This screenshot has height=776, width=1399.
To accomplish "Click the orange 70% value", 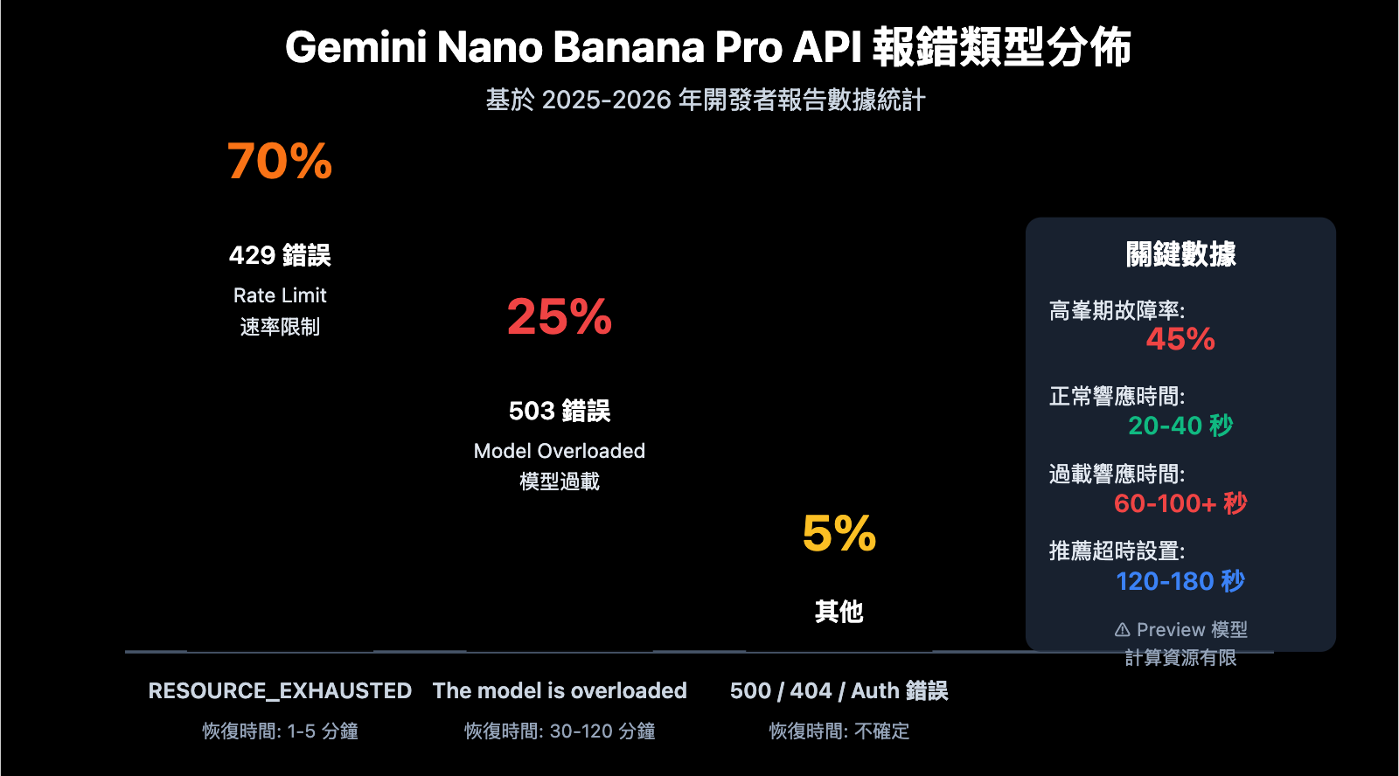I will point(280,162).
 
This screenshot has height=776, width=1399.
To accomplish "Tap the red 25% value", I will point(560,317).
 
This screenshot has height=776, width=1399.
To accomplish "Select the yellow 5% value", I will point(839,534).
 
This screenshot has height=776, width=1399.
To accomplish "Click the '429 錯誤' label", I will point(280,255).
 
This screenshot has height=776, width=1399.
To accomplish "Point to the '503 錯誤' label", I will point(560,411).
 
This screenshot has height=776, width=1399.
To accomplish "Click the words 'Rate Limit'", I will point(280,295).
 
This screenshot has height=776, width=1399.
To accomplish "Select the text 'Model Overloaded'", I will point(560,451).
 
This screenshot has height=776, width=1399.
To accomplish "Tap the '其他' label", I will point(839,612).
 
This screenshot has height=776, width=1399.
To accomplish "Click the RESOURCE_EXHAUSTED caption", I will point(280,690).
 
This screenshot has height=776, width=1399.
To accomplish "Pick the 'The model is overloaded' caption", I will point(560,690).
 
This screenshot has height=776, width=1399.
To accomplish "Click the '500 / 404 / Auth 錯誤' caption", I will point(839,690).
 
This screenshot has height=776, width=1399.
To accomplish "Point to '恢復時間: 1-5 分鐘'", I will point(280,731).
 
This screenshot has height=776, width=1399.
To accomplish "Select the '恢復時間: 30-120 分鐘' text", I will point(560,731).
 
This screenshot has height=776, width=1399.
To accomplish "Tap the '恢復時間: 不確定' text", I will point(839,731).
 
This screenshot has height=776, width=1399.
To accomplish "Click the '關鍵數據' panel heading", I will point(1180,254).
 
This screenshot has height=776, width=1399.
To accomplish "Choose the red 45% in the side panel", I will point(1180,339).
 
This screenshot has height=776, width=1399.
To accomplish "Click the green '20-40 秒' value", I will point(1180,426).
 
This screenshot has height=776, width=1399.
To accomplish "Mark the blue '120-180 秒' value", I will point(1180,581).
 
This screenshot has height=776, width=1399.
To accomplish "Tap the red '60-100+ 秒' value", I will point(1180,503).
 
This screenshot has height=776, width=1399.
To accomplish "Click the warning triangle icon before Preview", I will point(1123,630).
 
